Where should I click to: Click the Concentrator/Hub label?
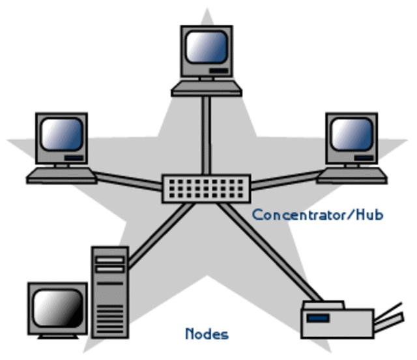(317, 215)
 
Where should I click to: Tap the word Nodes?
(207, 335)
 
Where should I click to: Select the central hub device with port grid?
(207, 188)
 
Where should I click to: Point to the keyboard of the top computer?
(206, 88)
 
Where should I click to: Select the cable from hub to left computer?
(129, 179)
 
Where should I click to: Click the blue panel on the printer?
(318, 318)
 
